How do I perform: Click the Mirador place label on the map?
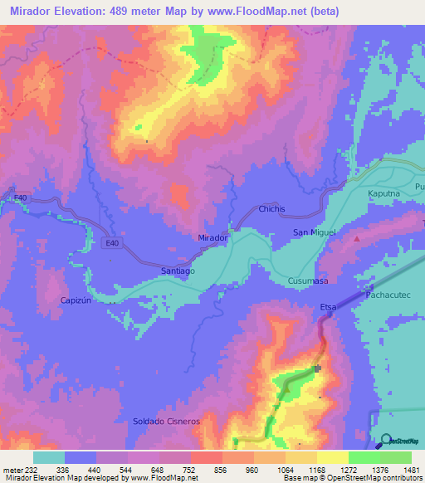pos(213,237)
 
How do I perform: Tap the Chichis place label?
pos(272,209)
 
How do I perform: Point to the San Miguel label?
pos(313,233)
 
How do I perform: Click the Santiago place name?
pos(177,271)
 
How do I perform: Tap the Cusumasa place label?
pos(307,281)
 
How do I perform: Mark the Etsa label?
pos(328,308)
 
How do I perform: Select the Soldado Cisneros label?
pos(167,422)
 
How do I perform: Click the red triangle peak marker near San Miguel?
pos(358,238)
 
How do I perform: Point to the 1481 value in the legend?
pos(407,469)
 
